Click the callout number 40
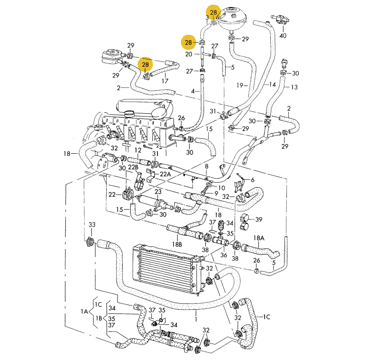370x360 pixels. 283,36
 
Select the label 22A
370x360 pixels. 165,174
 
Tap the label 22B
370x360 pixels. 133,167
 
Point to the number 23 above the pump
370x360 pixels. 158,192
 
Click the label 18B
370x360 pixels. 177,244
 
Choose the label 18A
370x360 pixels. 259,238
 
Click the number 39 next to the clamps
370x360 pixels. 259,219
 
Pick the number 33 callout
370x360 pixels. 92,225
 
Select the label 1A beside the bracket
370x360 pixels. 84,312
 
